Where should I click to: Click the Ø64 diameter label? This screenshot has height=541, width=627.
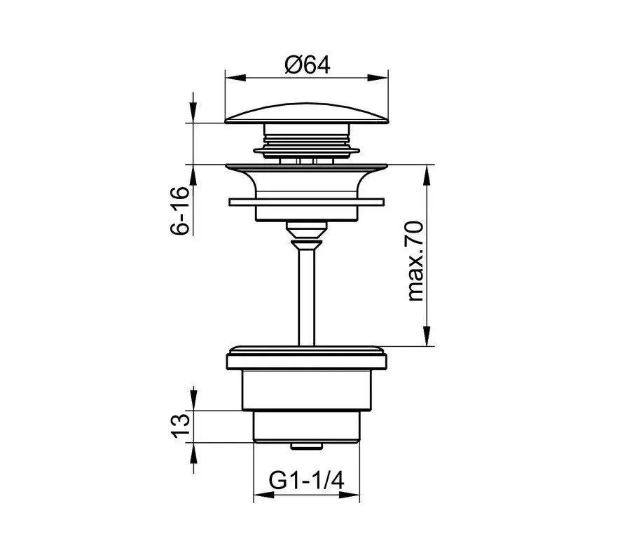[x=308, y=65]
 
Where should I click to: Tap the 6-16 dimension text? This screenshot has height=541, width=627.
[x=179, y=211]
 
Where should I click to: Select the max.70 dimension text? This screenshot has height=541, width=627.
[x=415, y=261]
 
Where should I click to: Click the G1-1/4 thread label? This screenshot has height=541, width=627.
[x=306, y=480]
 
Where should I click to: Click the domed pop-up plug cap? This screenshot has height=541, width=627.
[x=307, y=113]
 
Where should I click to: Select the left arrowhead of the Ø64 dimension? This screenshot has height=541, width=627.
[x=235, y=78]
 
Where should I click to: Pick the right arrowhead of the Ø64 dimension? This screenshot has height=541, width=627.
[x=379, y=78]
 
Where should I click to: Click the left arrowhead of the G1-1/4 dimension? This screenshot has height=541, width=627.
[x=263, y=495]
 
